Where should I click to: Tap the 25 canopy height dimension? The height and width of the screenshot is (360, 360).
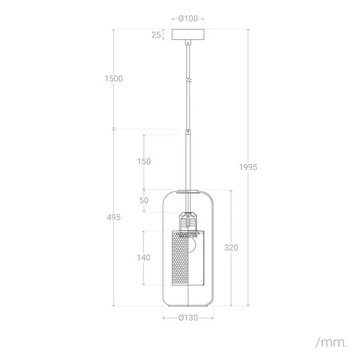(156, 35)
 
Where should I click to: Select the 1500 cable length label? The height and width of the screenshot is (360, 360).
(113, 79)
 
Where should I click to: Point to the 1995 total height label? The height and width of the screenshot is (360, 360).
(247, 167)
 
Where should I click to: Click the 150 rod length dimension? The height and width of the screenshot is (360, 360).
(143, 161)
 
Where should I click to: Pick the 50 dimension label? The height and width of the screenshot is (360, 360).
(144, 200)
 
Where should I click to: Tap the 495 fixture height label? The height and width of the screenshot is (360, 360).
(113, 217)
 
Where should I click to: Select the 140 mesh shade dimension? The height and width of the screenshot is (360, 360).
(143, 257)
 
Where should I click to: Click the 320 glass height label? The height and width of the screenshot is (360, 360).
(231, 247)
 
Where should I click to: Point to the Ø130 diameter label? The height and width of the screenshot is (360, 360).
(188, 318)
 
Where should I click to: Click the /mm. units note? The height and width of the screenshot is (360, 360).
(331, 343)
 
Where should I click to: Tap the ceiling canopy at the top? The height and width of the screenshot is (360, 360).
(188, 35)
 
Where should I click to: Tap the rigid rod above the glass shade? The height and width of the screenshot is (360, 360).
(188, 162)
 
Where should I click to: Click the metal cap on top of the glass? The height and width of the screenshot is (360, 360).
(188, 192)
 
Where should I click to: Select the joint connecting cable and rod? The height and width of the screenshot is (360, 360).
(188, 131)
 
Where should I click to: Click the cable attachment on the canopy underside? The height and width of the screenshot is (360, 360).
(188, 43)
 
